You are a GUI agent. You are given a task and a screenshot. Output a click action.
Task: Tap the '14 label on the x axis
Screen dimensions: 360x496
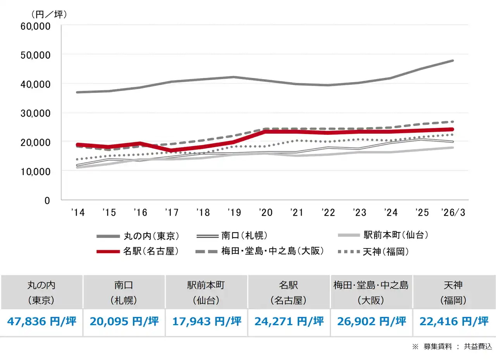pyautogui.click(x=78, y=212)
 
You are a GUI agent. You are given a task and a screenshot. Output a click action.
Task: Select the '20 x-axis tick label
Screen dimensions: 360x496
pyautogui.click(x=266, y=212)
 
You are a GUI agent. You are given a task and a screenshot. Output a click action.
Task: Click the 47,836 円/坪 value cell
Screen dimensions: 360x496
pyautogui.click(x=41, y=321)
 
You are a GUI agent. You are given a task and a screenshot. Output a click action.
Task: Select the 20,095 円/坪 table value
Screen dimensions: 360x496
pyautogui.click(x=124, y=321)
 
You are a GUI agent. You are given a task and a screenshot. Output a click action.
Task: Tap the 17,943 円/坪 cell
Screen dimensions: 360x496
pyautogui.click(x=207, y=321)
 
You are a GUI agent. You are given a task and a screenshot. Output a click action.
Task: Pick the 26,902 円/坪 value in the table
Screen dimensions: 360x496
pyautogui.click(x=371, y=321)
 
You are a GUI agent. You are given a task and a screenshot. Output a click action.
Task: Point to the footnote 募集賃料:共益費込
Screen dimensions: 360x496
pyautogui.click(x=452, y=347)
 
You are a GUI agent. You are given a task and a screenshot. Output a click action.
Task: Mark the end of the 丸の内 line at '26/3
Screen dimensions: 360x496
pyautogui.click(x=453, y=61)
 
